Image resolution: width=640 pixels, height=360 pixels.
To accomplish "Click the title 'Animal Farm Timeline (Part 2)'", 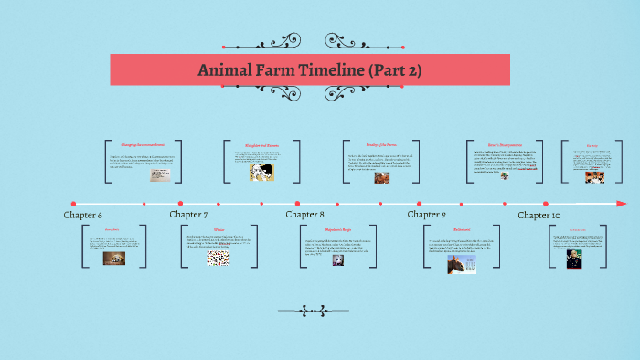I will [x=310, y=70].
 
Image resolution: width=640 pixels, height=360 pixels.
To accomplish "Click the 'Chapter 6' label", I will [x=82, y=215].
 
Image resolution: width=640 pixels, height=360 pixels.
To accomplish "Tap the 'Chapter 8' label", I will [x=305, y=215].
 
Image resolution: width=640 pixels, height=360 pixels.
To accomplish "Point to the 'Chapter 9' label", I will [x=426, y=215].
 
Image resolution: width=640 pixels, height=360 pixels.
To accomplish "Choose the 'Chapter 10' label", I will [x=539, y=215].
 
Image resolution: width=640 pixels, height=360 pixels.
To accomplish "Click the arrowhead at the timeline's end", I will [x=623, y=203].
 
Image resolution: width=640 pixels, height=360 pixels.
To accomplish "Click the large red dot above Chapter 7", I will [x=180, y=203].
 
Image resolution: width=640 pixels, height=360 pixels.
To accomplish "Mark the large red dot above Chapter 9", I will [x=419, y=203].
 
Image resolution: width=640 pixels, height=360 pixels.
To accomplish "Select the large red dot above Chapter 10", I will [x=546, y=203].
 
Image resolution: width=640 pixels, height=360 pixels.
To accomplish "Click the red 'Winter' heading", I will [x=219, y=229].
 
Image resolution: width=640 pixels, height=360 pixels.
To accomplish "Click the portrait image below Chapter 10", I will [x=573, y=258].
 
